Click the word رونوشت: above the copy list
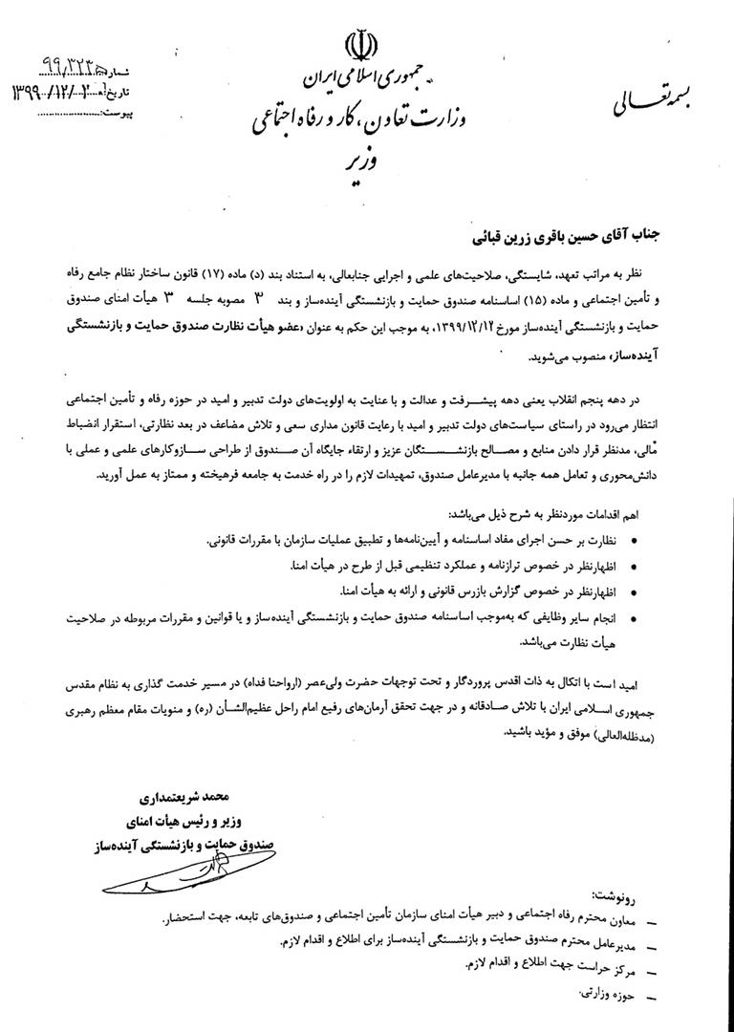(617, 898)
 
